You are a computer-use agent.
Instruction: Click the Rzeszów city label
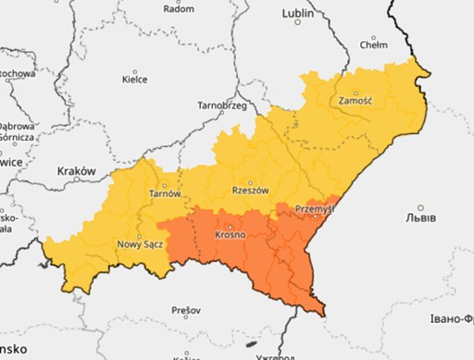tap(250, 191)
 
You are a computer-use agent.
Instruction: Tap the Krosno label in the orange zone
tap(230, 235)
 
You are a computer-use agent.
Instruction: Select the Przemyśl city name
tap(314, 209)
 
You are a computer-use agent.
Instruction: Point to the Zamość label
tap(355, 99)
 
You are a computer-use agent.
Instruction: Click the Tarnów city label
tap(165, 193)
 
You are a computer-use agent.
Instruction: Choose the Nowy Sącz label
tap(139, 244)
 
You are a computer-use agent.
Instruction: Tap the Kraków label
tap(77, 171)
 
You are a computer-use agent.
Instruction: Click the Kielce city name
tap(135, 81)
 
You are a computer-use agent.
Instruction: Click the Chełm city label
tap(373, 43)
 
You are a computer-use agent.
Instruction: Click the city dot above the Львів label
tap(421, 208)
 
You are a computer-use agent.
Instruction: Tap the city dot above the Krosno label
tap(230, 225)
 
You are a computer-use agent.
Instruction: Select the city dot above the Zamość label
tap(355, 89)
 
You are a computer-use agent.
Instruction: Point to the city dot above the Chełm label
tap(373, 33)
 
